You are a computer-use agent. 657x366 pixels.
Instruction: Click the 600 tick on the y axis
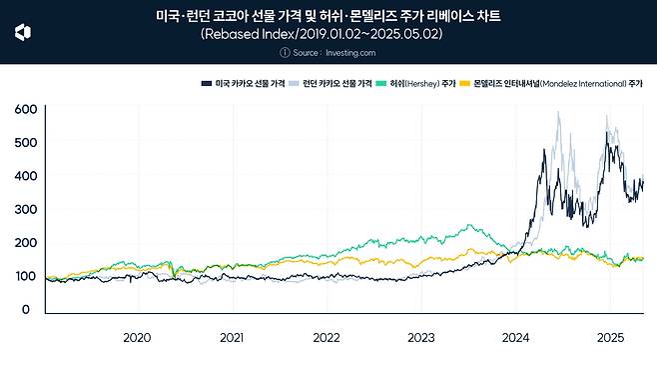(x=26, y=108)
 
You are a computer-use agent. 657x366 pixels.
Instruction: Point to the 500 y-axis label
(x=26, y=142)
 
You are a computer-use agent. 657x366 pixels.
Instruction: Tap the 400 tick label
(x=26, y=176)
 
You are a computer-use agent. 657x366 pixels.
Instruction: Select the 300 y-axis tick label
(x=26, y=210)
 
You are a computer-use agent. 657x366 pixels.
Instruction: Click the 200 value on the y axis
(x=26, y=243)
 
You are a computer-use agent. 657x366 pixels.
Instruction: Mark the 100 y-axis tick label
(x=26, y=277)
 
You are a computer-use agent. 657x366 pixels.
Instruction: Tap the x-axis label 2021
(x=232, y=338)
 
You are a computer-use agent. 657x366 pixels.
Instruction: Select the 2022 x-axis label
(x=327, y=338)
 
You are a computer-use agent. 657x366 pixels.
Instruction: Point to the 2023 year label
(x=421, y=338)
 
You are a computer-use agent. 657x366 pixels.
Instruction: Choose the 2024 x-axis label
(x=516, y=338)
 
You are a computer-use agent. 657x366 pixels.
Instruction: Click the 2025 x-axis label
(x=610, y=338)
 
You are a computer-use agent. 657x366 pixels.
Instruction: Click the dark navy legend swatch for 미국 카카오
(x=206, y=84)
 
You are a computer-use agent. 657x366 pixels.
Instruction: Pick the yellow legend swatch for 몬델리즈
(x=464, y=84)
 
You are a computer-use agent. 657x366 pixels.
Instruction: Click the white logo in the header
(x=22, y=33)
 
